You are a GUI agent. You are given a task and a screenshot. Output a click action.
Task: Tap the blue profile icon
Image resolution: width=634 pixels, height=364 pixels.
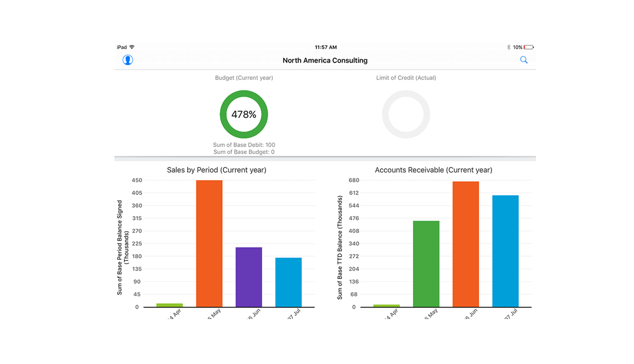128,60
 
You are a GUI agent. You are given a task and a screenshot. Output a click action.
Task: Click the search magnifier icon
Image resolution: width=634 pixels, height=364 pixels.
524,60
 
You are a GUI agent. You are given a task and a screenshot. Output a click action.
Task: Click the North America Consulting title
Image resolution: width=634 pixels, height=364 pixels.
325,60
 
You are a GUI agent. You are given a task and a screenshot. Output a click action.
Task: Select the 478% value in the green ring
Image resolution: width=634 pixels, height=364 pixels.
244,115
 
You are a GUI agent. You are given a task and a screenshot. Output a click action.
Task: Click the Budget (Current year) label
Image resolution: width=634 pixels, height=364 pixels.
244,78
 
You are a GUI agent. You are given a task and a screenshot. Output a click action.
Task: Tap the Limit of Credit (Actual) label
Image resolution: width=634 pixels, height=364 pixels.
406,78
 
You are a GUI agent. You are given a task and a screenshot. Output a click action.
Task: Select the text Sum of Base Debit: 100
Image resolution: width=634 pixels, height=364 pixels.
244,145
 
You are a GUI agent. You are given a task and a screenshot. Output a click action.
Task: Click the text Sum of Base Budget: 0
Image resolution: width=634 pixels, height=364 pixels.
244,152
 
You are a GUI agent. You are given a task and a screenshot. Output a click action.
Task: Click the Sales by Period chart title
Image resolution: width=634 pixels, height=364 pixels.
217,170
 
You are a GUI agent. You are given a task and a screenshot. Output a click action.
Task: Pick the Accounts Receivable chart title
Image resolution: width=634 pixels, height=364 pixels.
434,170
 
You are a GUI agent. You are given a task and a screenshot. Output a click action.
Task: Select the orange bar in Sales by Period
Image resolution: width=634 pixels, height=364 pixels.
209,243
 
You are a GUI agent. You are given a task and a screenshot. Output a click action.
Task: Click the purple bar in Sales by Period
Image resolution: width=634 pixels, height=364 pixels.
249,277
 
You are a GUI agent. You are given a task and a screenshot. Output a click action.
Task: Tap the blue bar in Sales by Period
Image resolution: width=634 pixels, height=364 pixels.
289,282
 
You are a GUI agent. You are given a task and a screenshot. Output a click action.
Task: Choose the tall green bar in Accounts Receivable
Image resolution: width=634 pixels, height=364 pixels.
426,264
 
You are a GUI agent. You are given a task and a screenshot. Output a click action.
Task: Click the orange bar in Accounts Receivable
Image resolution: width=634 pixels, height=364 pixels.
466,244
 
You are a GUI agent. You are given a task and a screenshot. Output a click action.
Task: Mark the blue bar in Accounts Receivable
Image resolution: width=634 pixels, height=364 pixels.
505,251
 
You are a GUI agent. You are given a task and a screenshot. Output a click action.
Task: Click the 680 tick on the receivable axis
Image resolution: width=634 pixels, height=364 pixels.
353,180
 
